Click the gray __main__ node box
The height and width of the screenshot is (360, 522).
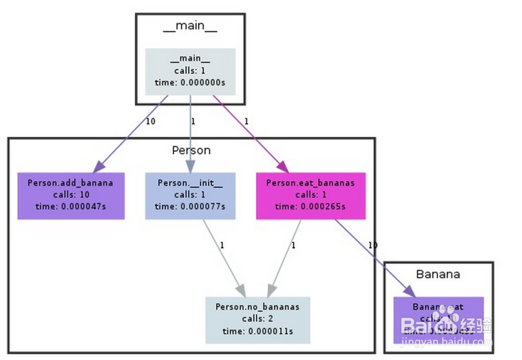pos(190,71)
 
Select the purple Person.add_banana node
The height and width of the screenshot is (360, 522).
pos(70,196)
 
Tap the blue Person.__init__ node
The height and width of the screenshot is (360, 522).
pos(190,196)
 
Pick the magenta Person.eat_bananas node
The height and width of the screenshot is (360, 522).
pos(310,196)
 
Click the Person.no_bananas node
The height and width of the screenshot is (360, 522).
pos(257,319)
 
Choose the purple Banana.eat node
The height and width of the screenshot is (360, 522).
pos(438,319)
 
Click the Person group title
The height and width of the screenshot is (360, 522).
pos(191,150)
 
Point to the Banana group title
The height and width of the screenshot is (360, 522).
pos(438,274)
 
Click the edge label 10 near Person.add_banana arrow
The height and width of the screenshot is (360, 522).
pos(151,122)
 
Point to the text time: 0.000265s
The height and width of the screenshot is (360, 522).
pos(310,206)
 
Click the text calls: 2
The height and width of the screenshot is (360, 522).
pos(257,319)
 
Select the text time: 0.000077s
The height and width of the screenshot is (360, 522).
pos(190,206)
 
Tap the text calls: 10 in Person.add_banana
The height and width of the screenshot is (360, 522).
pos(70,195)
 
